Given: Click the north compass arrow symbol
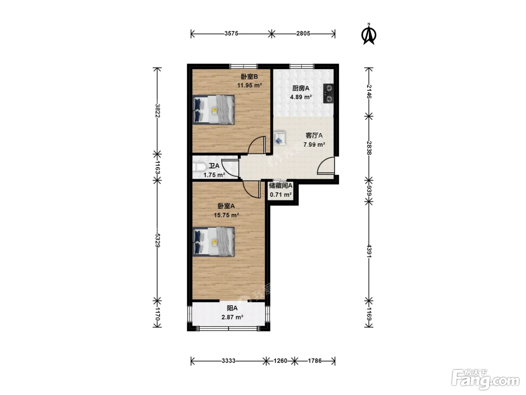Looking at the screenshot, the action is (369, 34).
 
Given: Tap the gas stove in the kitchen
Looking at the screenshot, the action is (329, 93).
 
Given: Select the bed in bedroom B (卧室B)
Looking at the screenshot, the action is (213, 110).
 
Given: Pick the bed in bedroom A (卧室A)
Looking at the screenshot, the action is (213, 242).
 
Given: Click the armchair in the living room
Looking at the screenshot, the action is (280, 138).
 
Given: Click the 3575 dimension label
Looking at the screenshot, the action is (231, 33).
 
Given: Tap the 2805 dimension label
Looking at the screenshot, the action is (303, 33).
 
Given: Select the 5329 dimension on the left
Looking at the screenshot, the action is (157, 240).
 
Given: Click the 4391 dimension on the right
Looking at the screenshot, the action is (369, 251).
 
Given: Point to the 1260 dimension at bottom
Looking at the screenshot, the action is (280, 361).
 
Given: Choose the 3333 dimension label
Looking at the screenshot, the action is (228, 361).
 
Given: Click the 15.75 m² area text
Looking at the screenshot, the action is (226, 215).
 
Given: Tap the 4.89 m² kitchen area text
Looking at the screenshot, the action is (301, 97).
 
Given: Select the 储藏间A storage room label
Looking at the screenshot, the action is (281, 185).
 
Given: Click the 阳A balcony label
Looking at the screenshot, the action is (232, 308).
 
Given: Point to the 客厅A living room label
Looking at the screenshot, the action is (314, 135).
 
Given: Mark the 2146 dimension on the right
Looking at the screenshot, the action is (369, 92).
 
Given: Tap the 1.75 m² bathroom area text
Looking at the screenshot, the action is (214, 175).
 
